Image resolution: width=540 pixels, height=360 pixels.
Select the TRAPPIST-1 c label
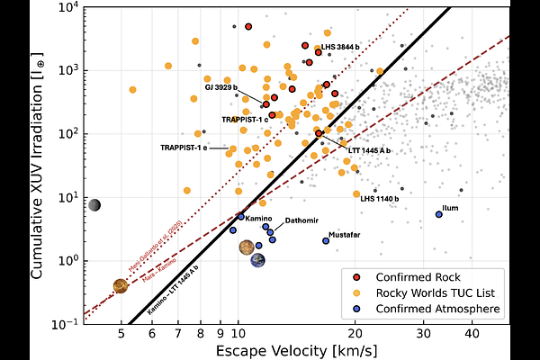pyautogui.click(x=245, y=119)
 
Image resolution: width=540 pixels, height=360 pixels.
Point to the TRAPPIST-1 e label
pyautogui.click(x=184, y=147)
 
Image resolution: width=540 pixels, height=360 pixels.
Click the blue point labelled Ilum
pyautogui.click(x=439, y=214)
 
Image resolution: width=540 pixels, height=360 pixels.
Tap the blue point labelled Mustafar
pyautogui.click(x=326, y=240)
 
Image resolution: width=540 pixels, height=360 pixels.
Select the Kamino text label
pyautogui.click(x=259, y=219)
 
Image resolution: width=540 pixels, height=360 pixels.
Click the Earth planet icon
pyautogui.click(x=258, y=260)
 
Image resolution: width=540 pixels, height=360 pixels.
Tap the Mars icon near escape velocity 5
pyautogui.click(x=121, y=286)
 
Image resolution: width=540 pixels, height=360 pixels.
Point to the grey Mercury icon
pyautogui.click(x=94, y=205)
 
